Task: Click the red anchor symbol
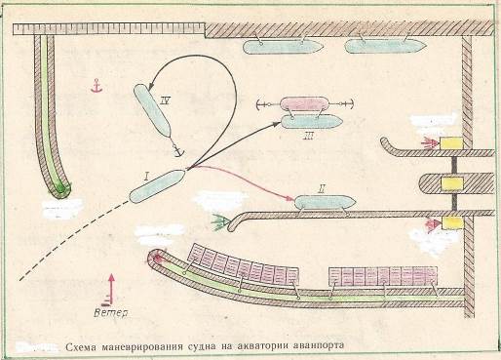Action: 96,85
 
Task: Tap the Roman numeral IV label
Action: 166,101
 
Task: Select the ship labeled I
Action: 157,186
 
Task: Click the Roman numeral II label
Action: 321,188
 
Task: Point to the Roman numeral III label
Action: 308,136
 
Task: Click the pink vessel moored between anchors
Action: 305,104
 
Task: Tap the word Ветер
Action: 110,313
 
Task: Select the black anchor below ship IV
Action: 177,150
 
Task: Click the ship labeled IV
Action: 152,110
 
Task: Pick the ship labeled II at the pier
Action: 325,202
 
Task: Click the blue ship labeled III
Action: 312,122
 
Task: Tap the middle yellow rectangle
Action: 451,183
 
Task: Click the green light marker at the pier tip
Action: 219,221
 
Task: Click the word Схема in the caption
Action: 81,347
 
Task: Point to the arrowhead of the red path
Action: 290,198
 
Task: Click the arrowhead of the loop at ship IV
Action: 150,86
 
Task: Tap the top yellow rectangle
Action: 451,142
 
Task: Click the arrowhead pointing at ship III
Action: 276,124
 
